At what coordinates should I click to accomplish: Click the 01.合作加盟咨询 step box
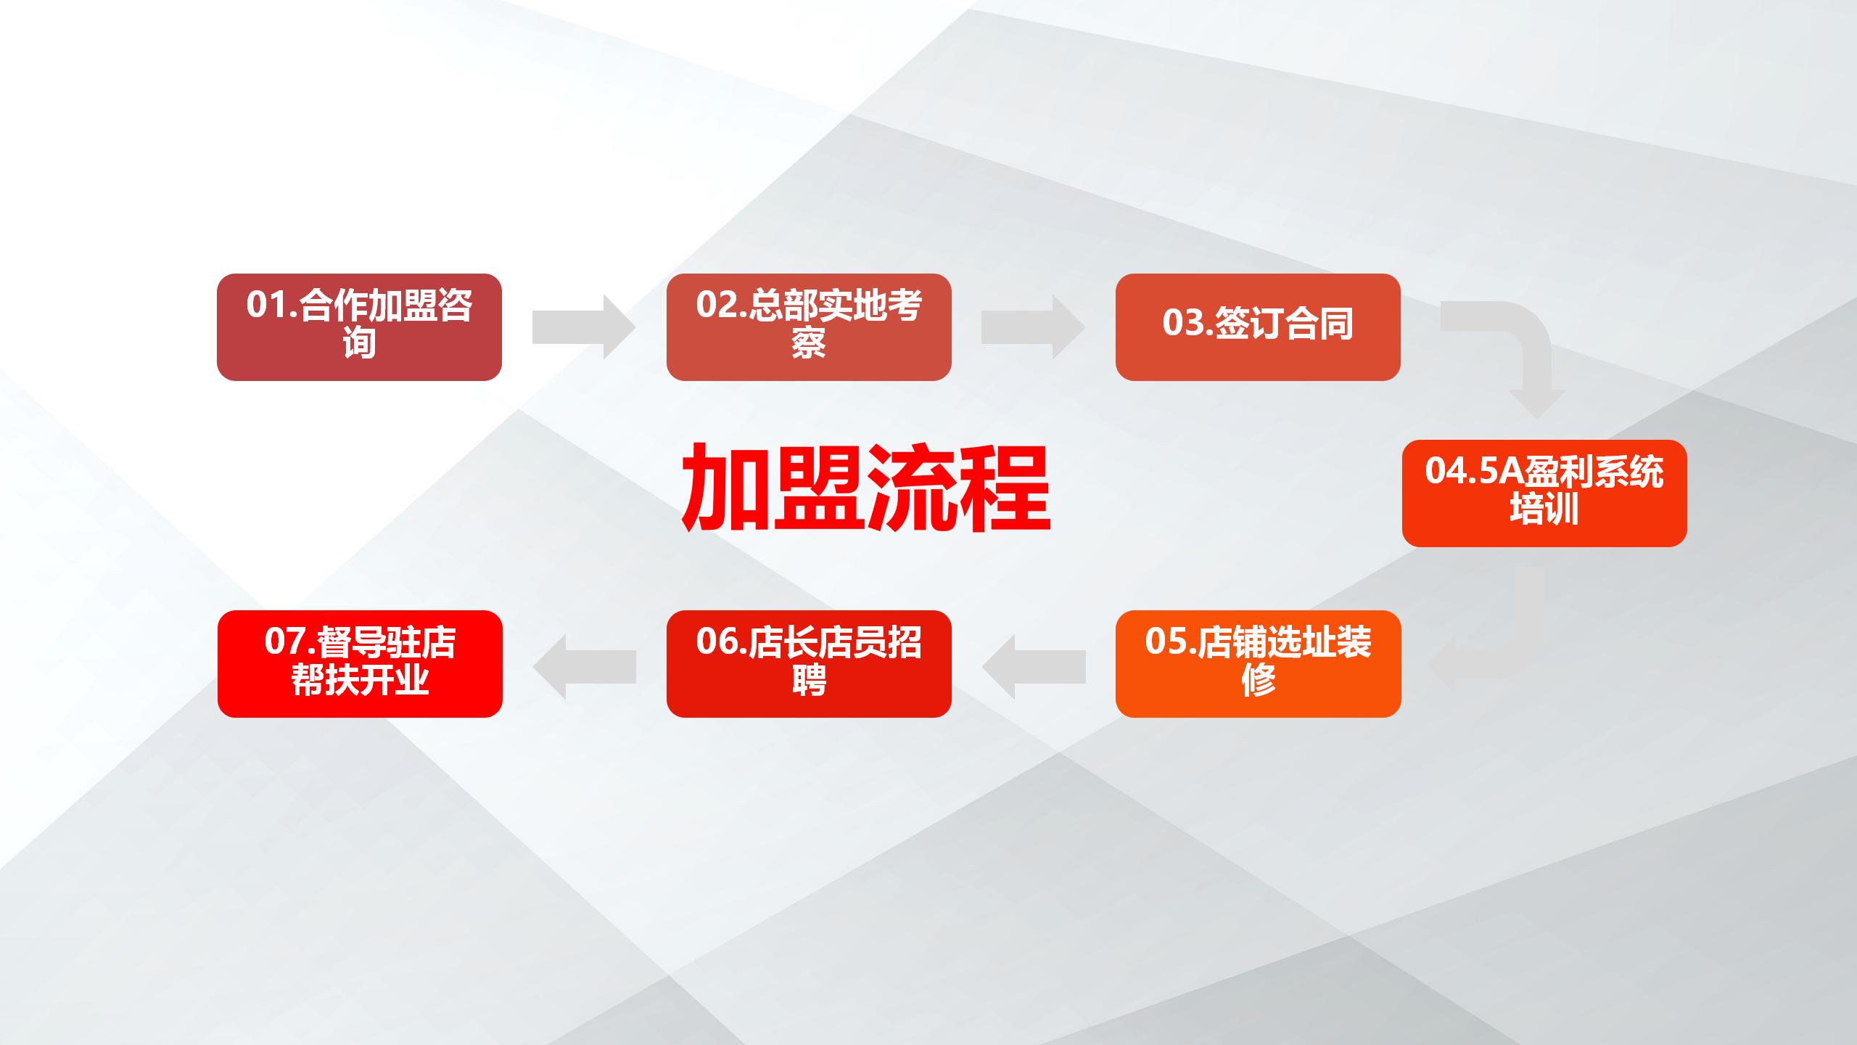pyautogui.click(x=359, y=327)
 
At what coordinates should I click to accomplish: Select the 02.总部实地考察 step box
pyautogui.click(x=809, y=327)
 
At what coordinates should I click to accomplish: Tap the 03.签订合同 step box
pyautogui.click(x=1258, y=327)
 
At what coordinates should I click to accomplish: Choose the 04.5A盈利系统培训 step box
pyautogui.click(x=1544, y=493)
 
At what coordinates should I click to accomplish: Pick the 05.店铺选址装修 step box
pyautogui.click(x=1258, y=664)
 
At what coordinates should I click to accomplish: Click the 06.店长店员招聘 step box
pyautogui.click(x=809, y=664)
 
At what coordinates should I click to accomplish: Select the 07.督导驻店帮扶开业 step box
pyautogui.click(x=360, y=664)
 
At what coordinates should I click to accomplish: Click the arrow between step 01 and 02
pyautogui.click(x=584, y=327)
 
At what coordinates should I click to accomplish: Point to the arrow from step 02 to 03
pyautogui.click(x=1033, y=327)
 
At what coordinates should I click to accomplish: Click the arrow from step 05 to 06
pyautogui.click(x=1034, y=667)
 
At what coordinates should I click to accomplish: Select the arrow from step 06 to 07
pyautogui.click(x=585, y=667)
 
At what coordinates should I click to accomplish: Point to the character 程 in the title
pyautogui.click(x=1005, y=488)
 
